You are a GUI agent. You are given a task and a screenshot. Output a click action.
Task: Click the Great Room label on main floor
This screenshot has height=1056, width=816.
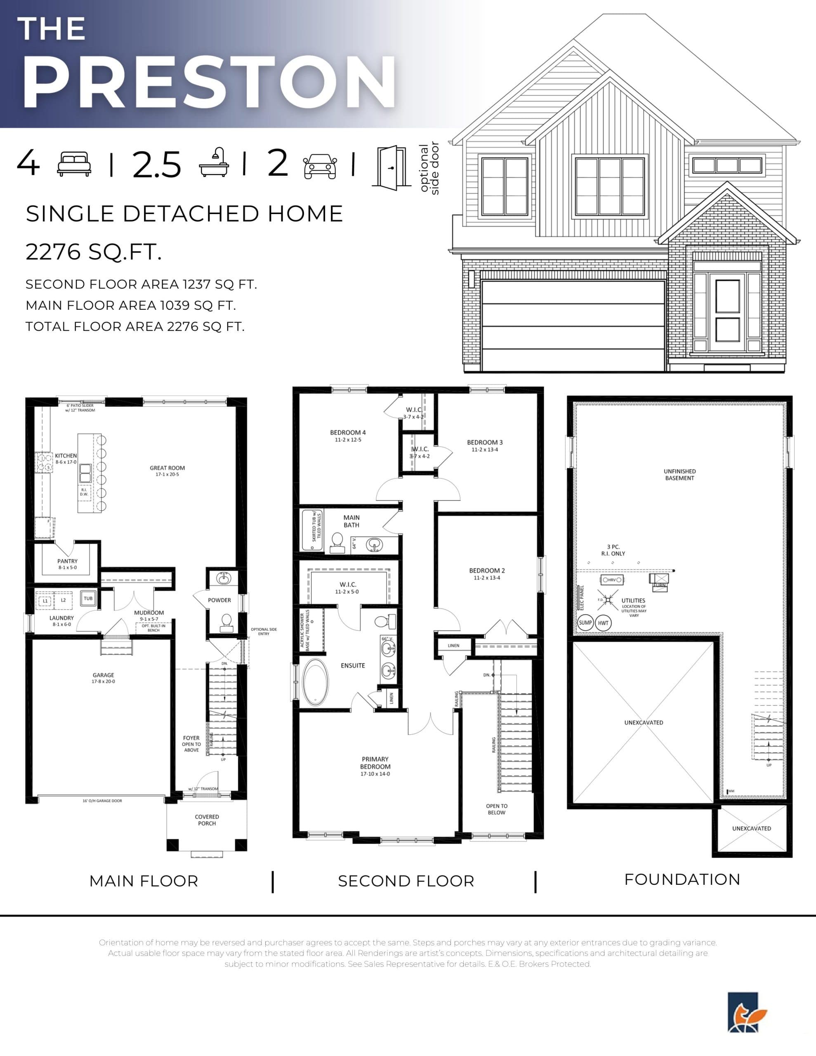[x=167, y=471]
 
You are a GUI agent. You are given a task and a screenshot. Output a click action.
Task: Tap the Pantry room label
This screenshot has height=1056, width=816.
[x=67, y=564]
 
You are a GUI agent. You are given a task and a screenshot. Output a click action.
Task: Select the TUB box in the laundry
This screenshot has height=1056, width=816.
[x=88, y=598]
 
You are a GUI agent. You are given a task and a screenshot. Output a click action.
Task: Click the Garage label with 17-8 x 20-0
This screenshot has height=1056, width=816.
[x=104, y=678]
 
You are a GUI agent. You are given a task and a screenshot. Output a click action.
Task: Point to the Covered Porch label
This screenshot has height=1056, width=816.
[x=207, y=820]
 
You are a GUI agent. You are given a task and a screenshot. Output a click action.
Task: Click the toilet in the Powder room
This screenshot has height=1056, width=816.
[x=226, y=622]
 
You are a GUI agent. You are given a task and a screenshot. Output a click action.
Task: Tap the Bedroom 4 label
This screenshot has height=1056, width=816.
[x=348, y=435]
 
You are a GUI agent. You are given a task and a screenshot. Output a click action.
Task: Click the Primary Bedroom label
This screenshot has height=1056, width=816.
[x=375, y=766]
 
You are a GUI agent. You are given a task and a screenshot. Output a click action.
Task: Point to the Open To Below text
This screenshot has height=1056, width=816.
[x=497, y=809]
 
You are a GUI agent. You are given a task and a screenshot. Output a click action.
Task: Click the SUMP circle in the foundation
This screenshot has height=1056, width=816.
[x=585, y=622]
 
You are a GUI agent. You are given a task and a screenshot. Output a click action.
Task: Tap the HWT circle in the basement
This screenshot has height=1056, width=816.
[x=603, y=623]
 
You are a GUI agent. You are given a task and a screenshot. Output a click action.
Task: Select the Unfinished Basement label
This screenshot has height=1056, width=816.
[x=679, y=474]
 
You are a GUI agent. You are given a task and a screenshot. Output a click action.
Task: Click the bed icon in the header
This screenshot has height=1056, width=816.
[x=74, y=164]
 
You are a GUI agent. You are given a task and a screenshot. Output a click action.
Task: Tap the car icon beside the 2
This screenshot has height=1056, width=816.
[x=320, y=166]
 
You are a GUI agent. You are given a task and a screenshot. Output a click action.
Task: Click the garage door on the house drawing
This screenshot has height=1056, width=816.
[x=573, y=324]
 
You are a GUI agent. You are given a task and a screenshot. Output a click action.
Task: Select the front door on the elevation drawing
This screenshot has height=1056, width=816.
[x=727, y=312]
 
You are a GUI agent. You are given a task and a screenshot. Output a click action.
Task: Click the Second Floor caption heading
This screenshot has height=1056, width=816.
[x=406, y=881]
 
